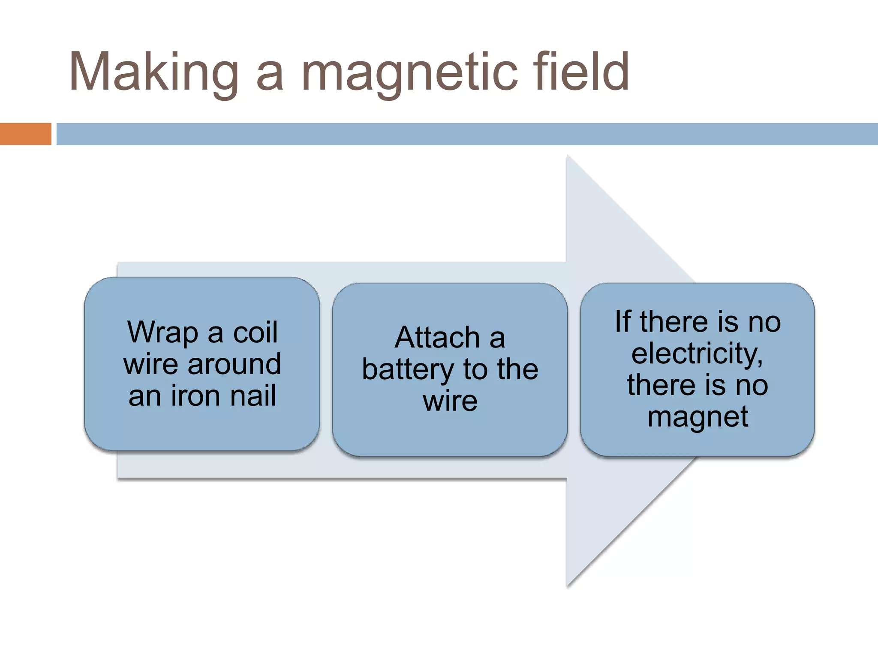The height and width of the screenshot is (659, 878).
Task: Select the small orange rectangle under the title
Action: click(x=25, y=134)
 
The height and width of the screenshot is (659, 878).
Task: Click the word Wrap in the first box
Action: click(x=162, y=333)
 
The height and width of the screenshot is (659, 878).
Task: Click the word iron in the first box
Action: click(x=195, y=395)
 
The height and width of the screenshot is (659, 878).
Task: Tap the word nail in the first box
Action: click(x=253, y=395)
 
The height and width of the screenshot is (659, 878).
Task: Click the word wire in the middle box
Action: click(x=450, y=401)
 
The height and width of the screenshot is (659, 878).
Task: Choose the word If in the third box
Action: click(x=622, y=321)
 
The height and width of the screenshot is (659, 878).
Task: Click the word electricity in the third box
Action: click(x=697, y=354)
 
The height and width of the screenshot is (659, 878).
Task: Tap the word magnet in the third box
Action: click(x=698, y=416)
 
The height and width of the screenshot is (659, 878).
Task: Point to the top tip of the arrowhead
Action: click(x=568, y=157)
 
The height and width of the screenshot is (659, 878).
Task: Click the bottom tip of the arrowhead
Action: click(x=568, y=585)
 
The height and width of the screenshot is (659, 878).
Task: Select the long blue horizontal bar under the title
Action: click(x=467, y=134)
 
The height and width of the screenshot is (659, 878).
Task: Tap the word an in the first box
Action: click(x=144, y=396)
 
